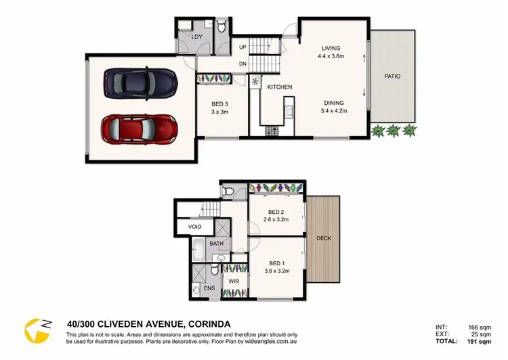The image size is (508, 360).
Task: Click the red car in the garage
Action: pos(140,127)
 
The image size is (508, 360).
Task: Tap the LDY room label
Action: pos(197,37)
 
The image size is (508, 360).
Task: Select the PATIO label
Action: pos(392,76)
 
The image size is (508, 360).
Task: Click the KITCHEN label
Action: pos(279,87)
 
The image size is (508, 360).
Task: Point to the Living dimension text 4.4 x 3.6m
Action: pos(331,57)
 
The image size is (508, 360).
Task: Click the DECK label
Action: pos(323,238)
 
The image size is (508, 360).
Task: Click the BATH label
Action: pos(216,243)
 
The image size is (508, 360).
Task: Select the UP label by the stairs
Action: pos(242,47)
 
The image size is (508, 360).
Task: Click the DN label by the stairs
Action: pos(242,65)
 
